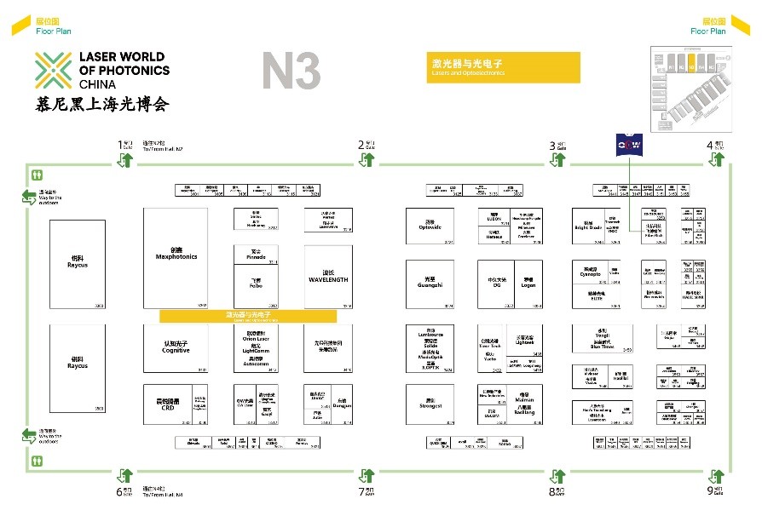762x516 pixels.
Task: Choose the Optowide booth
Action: pyautogui.click(x=430, y=226)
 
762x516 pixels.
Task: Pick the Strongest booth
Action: pyautogui.click(x=430, y=404)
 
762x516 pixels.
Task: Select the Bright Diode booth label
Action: pyautogui.click(x=588, y=226)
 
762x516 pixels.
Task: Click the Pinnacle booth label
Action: pyautogui.click(x=256, y=255)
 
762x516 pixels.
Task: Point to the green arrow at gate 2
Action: pyautogui.click(x=367, y=159)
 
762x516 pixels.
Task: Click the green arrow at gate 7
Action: pyautogui.click(x=367, y=475)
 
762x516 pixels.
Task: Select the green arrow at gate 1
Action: pyautogui.click(x=125, y=159)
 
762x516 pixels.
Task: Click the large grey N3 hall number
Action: pyautogui.click(x=291, y=71)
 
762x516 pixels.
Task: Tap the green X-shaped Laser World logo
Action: pyautogui.click(x=53, y=71)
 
